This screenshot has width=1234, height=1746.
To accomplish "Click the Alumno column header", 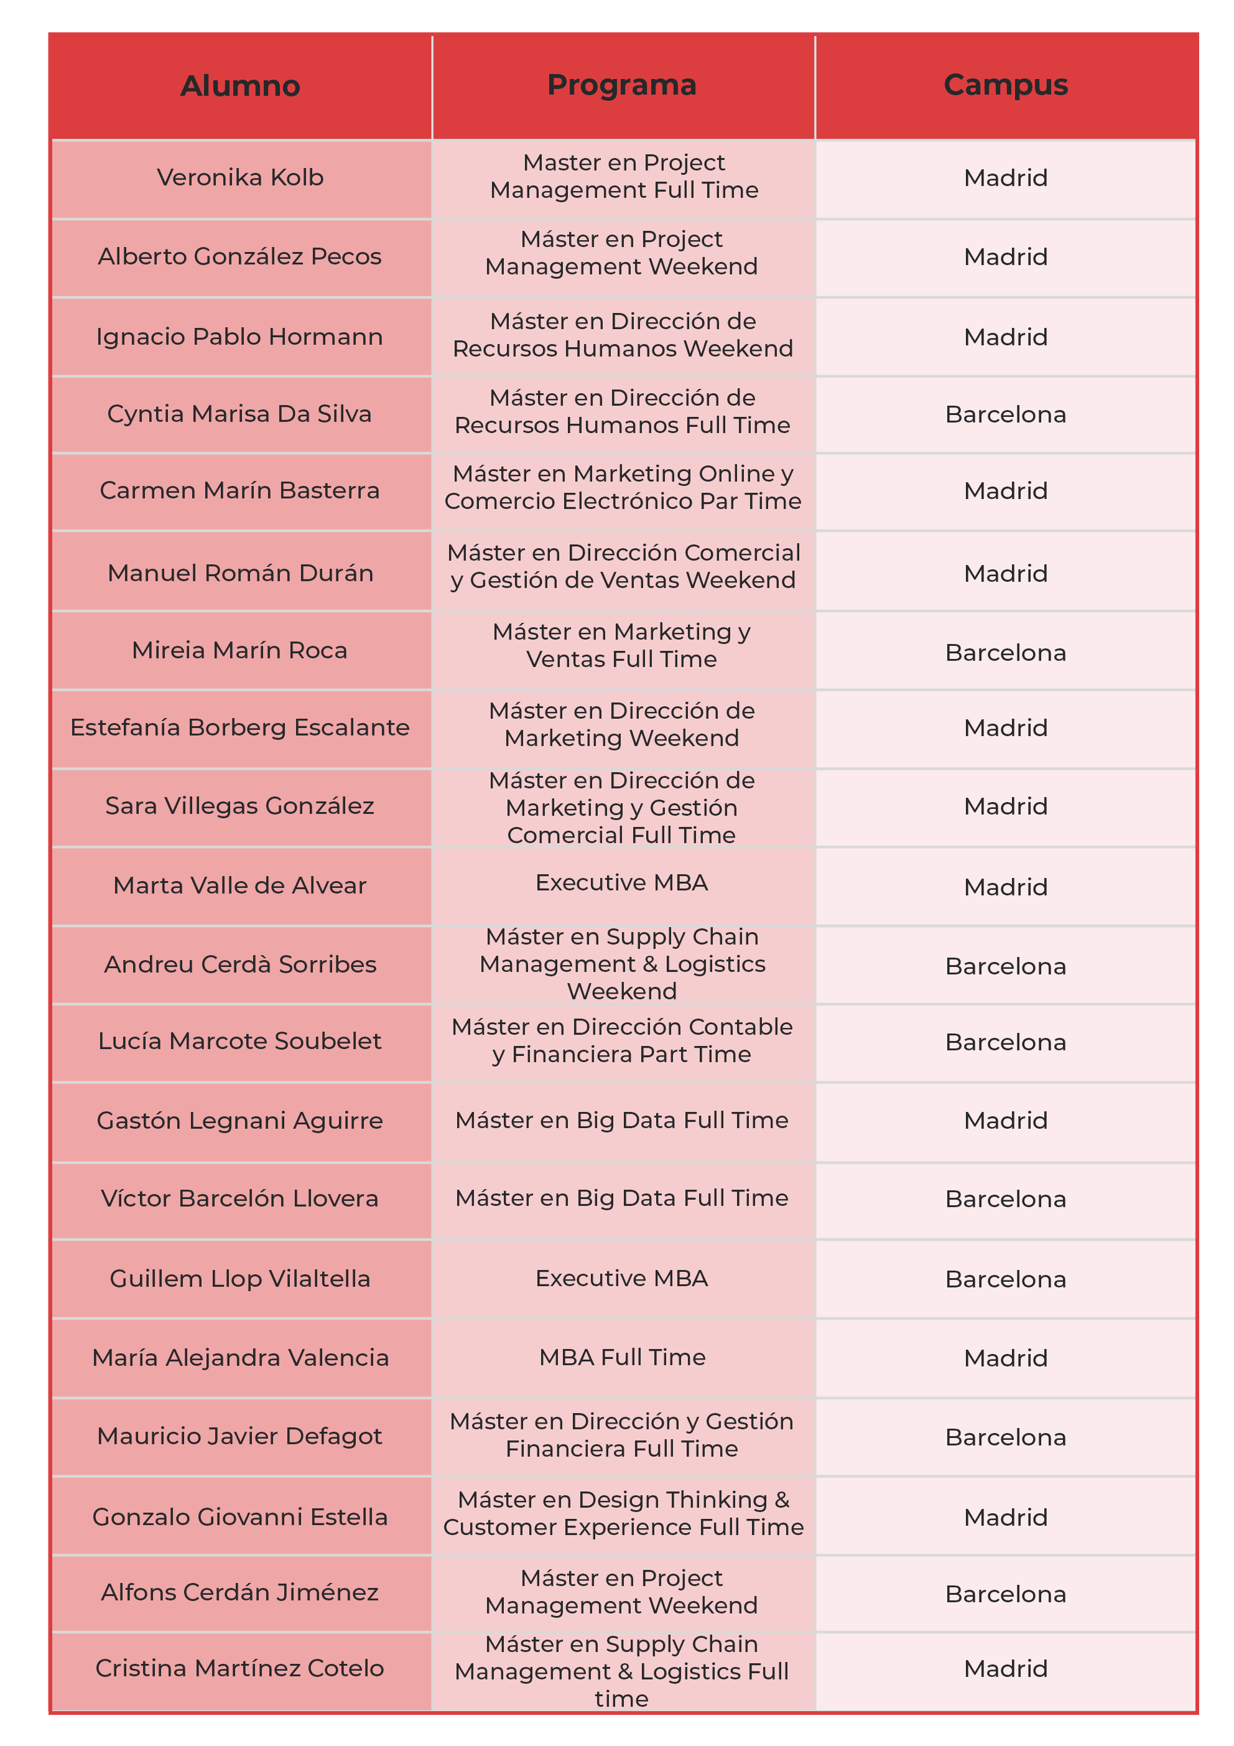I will coord(240,86).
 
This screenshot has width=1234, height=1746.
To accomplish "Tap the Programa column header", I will coord(622,85).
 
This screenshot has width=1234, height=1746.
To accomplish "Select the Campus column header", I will coord(1005,85).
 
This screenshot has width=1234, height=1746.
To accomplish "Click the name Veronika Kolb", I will coord(240,177).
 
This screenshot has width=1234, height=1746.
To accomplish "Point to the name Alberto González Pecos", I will coord(240,256).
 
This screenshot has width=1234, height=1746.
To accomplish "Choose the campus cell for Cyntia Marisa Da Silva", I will coord(1005,414).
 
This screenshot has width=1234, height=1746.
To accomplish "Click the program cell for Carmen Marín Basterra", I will coord(622,487).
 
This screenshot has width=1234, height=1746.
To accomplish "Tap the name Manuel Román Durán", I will coord(240,572).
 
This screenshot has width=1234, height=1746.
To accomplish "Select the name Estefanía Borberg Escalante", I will coord(240,727).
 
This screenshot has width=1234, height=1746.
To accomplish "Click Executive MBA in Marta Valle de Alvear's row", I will coord(622,882).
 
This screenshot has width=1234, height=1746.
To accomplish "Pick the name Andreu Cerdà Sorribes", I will coord(240,964).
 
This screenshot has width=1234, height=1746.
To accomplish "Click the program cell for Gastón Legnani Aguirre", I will coord(622,1120).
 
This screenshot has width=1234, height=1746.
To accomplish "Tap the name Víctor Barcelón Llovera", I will coord(240,1198).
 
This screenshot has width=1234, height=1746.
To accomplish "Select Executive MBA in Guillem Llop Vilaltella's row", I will coord(622,1278).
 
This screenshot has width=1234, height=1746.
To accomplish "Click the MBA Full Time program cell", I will coord(622,1357).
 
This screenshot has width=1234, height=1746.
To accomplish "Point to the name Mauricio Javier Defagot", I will coord(240,1436).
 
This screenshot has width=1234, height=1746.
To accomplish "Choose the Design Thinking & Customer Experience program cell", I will coord(622,1513).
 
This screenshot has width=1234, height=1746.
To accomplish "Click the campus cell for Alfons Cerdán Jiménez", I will coord(1005,1594).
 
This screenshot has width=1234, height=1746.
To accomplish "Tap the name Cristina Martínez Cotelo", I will coord(240,1668).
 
